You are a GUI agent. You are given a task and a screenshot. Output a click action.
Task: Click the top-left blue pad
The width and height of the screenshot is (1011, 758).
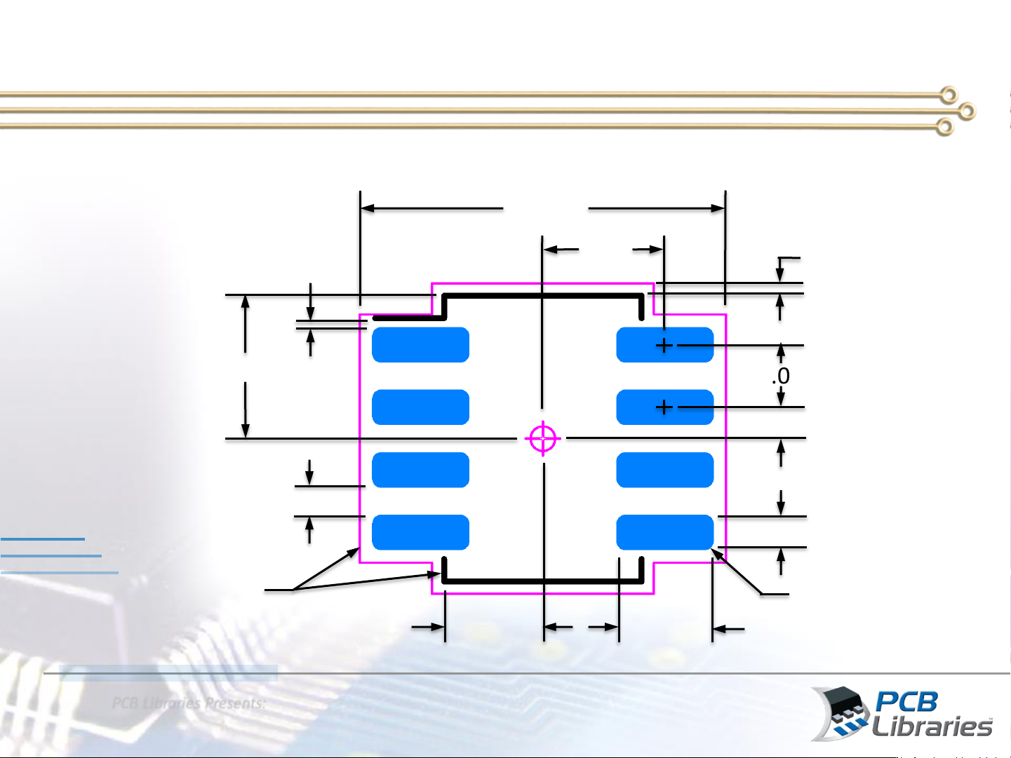pos(420,345)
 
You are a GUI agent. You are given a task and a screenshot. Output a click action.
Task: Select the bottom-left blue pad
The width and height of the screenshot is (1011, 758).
pos(420,532)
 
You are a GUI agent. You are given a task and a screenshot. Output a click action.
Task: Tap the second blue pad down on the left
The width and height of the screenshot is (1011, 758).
pos(420,407)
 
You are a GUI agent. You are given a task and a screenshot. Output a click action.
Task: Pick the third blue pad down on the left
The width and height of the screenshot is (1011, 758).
pos(420,470)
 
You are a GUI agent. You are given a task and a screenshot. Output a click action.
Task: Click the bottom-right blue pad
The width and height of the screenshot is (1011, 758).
pos(664,532)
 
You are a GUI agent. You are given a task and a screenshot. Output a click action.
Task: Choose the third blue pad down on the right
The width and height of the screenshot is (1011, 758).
pos(664,470)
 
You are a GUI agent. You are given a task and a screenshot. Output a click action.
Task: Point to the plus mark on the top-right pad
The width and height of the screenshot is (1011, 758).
pos(664,346)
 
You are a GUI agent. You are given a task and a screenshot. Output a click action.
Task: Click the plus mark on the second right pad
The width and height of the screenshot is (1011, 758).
pos(664,407)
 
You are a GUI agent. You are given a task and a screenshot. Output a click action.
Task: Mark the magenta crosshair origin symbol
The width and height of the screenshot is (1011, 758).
pos(542,439)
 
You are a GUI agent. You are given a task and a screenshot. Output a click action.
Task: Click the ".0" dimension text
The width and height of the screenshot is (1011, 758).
pos(781,377)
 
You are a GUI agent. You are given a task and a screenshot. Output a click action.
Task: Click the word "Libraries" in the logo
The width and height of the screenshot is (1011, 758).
pos(932,726)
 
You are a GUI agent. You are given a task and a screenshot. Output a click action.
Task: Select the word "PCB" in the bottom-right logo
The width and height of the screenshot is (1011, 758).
pos(906,702)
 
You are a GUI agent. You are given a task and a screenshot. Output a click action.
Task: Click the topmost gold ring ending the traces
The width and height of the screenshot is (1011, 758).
pos(949,94)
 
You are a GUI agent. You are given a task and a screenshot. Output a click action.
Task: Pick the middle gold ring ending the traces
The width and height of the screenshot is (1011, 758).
pos(967,111)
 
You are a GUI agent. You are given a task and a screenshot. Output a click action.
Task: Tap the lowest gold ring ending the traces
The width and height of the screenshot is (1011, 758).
pos(945,128)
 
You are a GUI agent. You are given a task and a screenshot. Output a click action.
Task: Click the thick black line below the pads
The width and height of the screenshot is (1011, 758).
pos(543,581)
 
